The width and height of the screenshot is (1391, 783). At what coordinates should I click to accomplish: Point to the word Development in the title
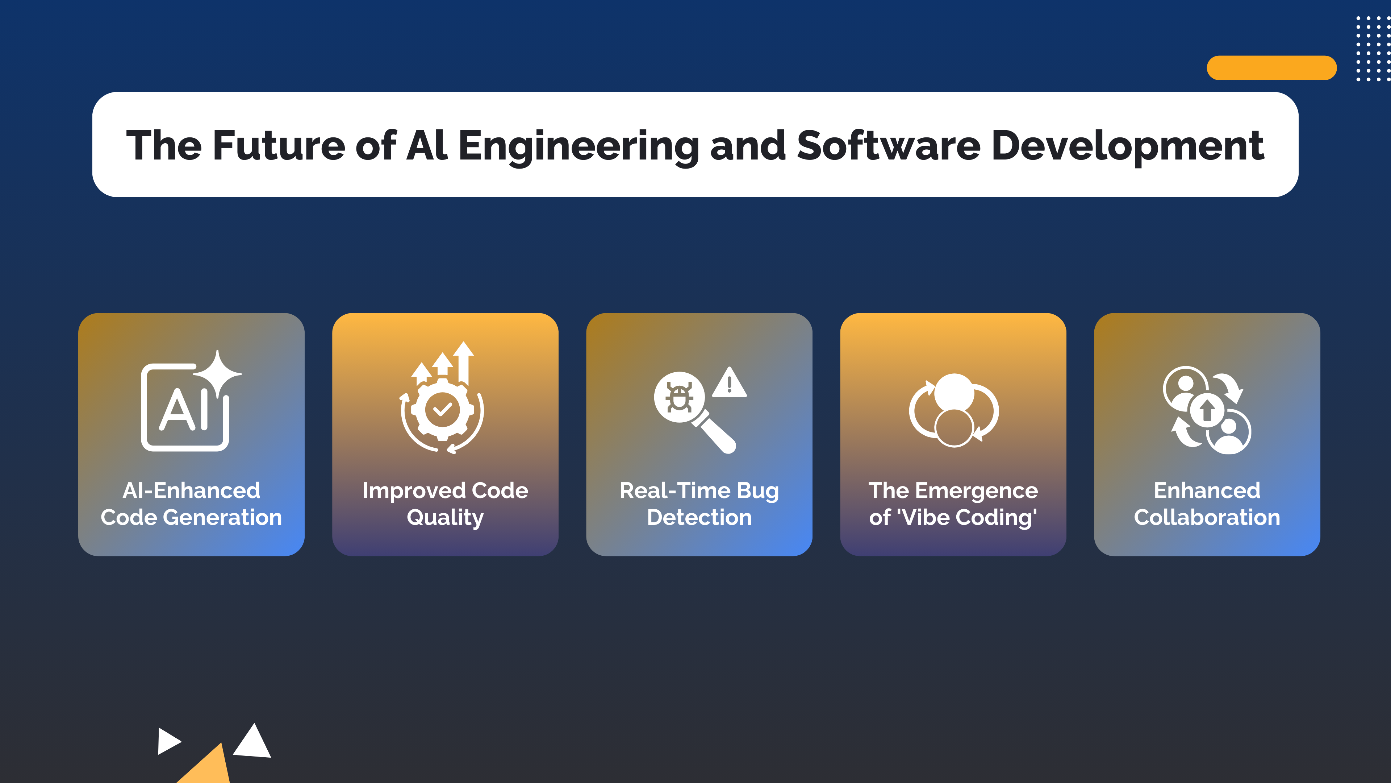coord(1128,145)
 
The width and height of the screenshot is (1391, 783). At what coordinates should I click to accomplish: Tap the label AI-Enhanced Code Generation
coord(191,504)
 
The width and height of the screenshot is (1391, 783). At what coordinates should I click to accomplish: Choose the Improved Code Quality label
coord(445,504)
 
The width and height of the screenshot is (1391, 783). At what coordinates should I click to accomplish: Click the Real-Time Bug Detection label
coord(699,504)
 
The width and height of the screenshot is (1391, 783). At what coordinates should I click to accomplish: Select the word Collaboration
coord(1207,518)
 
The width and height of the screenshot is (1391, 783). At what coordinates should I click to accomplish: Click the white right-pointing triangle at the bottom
coord(167,741)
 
